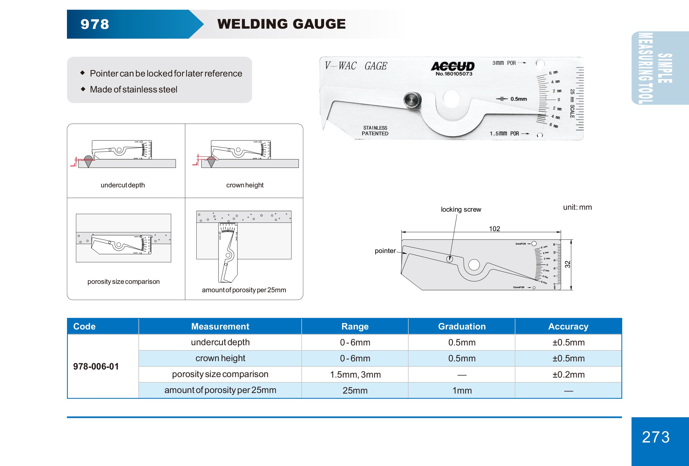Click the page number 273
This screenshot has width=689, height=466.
coord(656,437)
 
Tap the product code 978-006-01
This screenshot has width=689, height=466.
coord(96,366)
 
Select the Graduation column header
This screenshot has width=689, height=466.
coord(462,326)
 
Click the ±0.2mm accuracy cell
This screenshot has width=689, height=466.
coord(568,374)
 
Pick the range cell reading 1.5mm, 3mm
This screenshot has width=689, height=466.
coord(355,374)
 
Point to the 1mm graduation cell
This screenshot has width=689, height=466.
coord(462,390)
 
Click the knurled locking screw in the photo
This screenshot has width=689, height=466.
coord(412,100)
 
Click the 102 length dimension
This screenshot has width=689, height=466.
coord(494,229)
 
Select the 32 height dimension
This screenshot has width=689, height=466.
coord(567,264)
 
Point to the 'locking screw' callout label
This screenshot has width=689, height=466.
coord(461,209)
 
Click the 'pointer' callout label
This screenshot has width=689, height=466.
coord(385,251)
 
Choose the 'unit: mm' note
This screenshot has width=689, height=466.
coord(577,207)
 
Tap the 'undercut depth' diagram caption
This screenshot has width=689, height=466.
coord(123,185)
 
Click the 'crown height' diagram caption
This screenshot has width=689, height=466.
coord(245,185)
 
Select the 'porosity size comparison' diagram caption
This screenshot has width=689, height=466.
coord(123,281)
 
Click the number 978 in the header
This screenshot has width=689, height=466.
coord(95,24)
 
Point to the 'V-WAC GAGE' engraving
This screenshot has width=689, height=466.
coord(356,66)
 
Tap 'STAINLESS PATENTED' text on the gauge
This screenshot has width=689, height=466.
coord(375,131)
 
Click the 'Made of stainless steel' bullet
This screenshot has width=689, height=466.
coord(133,89)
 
